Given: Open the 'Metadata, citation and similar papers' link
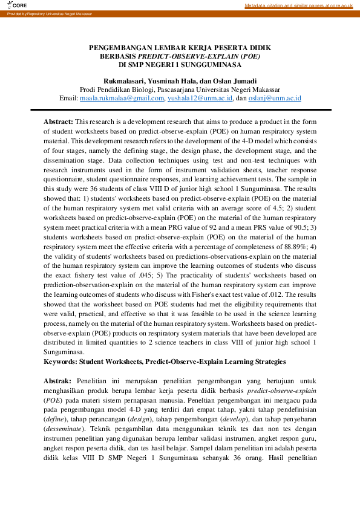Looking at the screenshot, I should click(298, 5).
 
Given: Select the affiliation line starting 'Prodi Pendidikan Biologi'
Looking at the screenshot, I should click(180, 89).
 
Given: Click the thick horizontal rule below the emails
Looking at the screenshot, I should click(180, 110).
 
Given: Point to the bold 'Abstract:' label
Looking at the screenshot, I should click(58, 122).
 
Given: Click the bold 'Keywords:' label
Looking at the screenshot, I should click(59, 362).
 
